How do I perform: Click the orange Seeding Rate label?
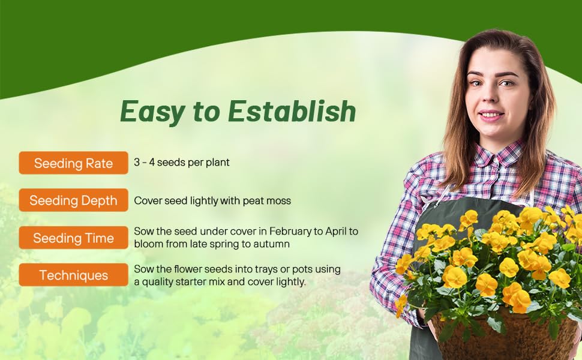[x=73, y=163]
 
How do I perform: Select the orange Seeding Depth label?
[x=73, y=200]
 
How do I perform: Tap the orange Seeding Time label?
[x=73, y=238]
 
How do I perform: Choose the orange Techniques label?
[x=73, y=275]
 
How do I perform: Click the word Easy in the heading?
[x=152, y=112]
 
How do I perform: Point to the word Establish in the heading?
[x=292, y=111]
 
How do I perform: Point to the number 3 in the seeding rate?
[x=137, y=162]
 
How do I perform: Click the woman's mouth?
[x=491, y=115]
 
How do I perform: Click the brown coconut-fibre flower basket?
[x=505, y=336]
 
